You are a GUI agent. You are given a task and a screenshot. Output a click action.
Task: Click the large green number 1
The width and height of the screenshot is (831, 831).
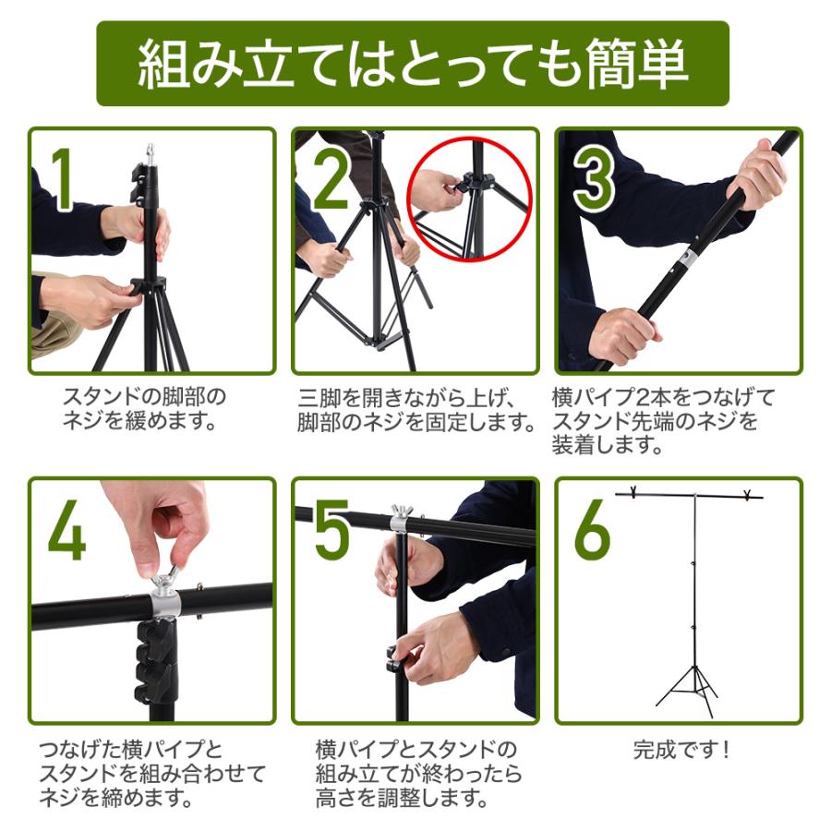63,179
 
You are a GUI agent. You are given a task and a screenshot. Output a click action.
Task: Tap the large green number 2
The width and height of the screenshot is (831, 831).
331,179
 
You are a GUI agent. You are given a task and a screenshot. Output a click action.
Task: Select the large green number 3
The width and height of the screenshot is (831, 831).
594,179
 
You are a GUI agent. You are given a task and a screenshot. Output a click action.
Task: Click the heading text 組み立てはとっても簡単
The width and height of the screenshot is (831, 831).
413,64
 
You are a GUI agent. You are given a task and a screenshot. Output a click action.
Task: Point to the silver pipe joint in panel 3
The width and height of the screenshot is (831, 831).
688,259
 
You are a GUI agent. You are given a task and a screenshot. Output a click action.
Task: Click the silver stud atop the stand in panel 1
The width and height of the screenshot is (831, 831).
151,155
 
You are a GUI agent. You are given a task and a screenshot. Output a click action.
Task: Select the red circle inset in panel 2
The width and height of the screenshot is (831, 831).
469,199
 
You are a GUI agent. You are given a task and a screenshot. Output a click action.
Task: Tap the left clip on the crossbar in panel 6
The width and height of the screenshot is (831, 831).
632,492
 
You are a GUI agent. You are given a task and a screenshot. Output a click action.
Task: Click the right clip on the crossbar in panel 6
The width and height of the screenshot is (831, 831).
748,495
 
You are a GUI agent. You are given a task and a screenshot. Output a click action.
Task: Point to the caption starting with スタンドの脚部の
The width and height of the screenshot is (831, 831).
144,409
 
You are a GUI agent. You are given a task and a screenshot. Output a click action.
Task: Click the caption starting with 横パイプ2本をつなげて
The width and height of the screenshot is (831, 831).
663,421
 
